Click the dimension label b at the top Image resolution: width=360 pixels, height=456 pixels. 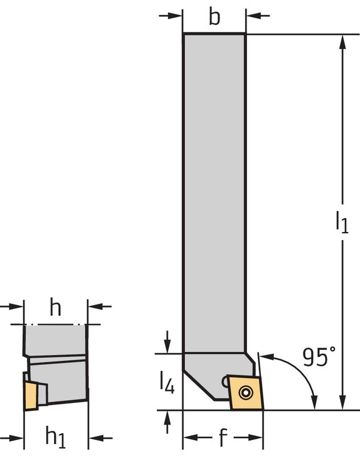[214, 17]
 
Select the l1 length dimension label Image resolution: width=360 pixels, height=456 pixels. [341, 222]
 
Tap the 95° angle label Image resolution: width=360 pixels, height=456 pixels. [319, 357]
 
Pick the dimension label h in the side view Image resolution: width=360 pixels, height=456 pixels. [55, 308]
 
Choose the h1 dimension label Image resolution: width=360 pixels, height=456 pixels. [55, 438]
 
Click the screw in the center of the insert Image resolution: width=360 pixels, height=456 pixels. [246, 392]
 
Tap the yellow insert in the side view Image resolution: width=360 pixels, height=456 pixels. [30, 393]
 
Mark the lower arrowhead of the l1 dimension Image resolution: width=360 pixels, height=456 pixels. [342, 403]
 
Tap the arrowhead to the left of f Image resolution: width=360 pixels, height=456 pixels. [188, 438]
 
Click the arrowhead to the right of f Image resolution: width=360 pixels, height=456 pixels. [257, 438]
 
